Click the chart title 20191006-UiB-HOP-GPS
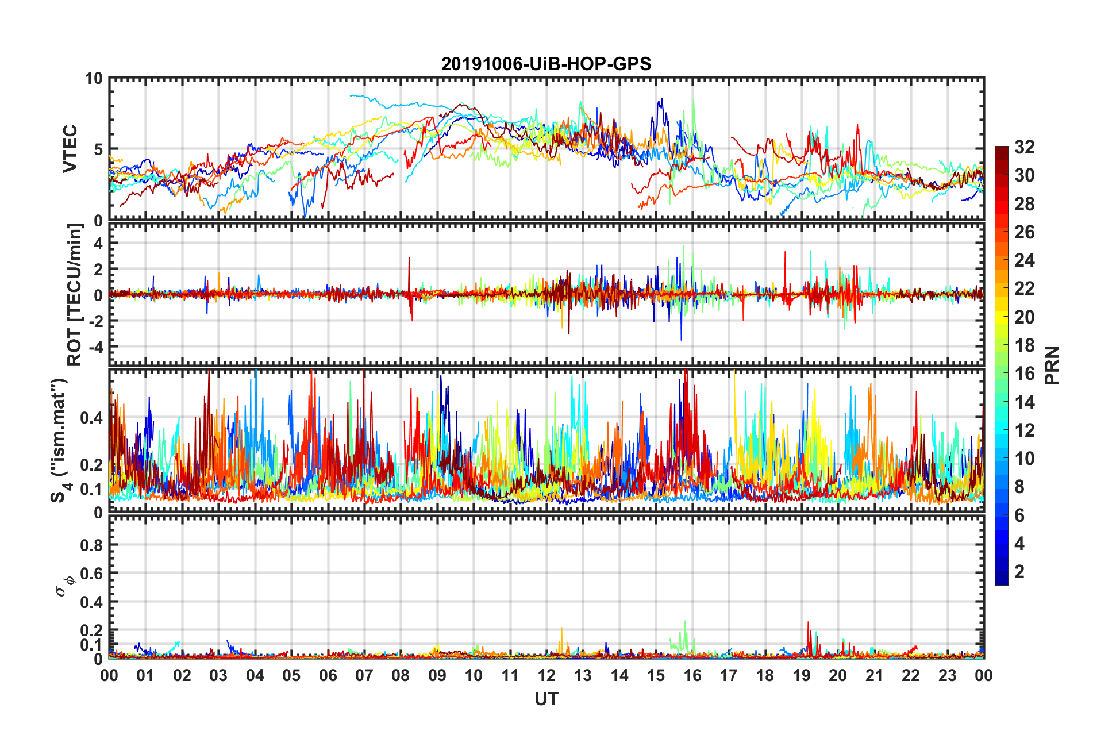coord(546,64)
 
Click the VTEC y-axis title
coord(70,149)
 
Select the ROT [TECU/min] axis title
coord(75,295)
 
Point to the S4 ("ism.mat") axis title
coord(60,440)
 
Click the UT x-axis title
coord(546,699)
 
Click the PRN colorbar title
coord(1052,365)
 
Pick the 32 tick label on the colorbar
coord(1024,148)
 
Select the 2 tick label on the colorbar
coord(1019,572)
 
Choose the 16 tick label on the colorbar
coord(1024,374)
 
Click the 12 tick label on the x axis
coord(546,675)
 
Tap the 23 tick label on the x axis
coord(947,675)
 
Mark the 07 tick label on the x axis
coord(364,675)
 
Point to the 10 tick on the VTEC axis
coord(94,79)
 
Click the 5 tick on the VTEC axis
coord(98,149)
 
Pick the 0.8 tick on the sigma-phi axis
coord(91,545)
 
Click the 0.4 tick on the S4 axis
coord(91,418)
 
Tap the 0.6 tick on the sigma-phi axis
coord(91,574)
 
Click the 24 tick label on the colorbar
coord(1024,261)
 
